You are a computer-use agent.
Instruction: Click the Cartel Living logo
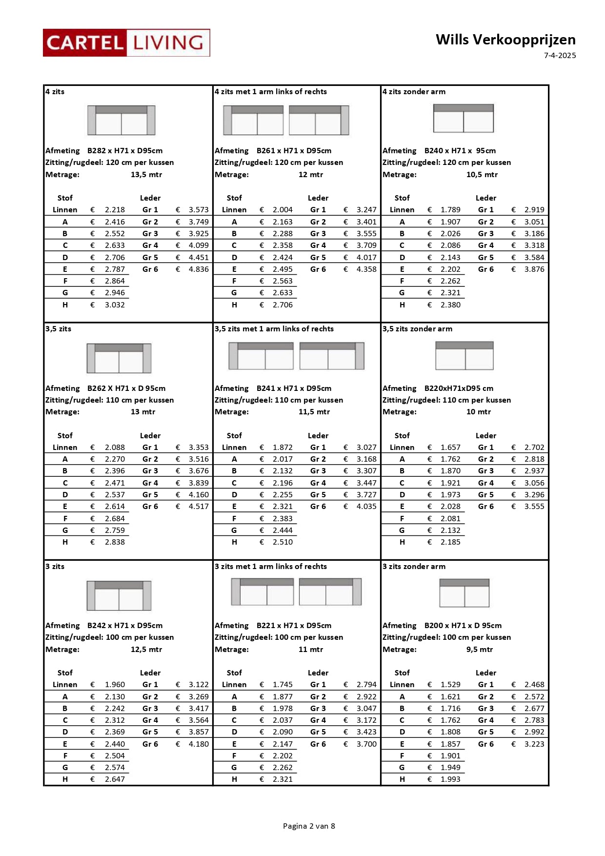coord(126,43)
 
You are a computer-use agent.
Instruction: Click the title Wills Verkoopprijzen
coord(505,40)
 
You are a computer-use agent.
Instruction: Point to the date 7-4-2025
coord(560,56)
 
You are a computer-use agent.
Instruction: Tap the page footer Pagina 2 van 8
coord(309,826)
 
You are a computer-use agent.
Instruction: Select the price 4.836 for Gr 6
coord(199,269)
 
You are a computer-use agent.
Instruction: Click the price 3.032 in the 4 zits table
coord(115,305)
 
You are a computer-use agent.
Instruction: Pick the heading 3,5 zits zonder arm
coord(417,329)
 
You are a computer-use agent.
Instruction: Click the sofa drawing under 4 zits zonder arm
coord(464,118)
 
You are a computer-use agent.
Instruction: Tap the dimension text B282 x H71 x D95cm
coord(125,151)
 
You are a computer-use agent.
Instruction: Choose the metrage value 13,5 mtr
coord(146,175)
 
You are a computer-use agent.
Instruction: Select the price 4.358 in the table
coord(366,269)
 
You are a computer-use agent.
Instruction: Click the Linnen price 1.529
coord(450,685)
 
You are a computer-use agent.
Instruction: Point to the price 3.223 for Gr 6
coord(534,744)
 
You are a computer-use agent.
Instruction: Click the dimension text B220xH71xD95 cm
coord(459,388)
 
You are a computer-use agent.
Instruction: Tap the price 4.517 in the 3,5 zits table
coord(199,507)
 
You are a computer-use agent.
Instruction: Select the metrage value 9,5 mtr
coord(480,650)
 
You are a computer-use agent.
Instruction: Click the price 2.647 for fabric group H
coord(115,779)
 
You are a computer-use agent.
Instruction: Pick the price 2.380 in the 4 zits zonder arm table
coord(450,305)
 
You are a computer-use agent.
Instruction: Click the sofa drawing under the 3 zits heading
coord(119,595)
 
